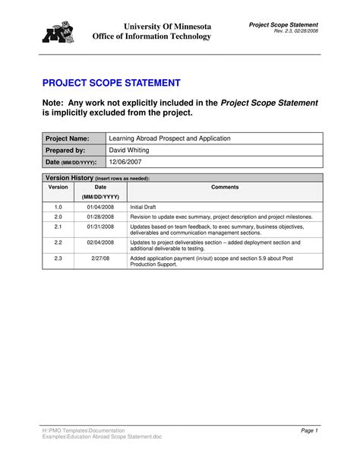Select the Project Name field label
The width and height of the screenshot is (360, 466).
pos(67,139)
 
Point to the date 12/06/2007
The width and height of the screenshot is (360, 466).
pos(126,163)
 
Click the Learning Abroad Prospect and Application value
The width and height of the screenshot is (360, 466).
pos(169,139)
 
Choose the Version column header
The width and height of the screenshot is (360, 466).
pos(58,187)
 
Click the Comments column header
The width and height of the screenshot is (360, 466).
pos(225,187)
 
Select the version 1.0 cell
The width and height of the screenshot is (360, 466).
pos(58,207)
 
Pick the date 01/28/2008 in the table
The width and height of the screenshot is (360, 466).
pos(100,217)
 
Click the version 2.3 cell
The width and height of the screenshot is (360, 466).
pos(58,258)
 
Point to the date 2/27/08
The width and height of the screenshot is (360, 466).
pos(100,258)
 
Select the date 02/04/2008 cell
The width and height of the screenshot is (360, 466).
pos(100,243)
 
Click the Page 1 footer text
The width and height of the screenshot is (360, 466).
pos(309,431)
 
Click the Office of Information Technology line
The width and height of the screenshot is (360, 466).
pos(152,36)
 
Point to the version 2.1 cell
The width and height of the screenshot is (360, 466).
pos(58,227)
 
